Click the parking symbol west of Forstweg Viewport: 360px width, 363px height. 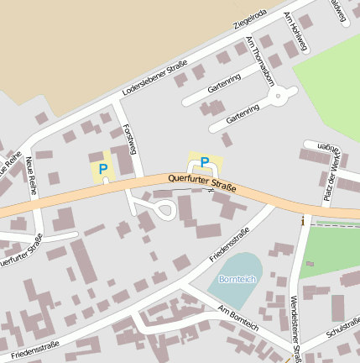[x=102, y=169]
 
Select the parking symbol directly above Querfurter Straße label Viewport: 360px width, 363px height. [x=204, y=162]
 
